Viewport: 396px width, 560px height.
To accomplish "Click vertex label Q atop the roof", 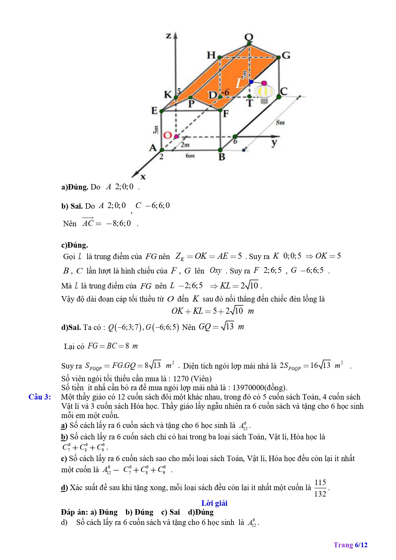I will [249, 37].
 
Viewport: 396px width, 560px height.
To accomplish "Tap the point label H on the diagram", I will [211, 55].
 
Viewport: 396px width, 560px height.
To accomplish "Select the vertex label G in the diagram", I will [286, 56].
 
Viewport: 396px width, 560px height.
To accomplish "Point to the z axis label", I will [168, 36].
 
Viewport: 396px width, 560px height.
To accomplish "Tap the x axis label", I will [143, 177].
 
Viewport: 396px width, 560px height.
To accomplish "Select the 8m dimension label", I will [280, 123].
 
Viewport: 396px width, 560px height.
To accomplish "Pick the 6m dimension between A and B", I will [190, 156].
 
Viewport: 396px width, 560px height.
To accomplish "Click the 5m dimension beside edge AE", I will [156, 130].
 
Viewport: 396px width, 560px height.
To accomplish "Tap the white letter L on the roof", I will [239, 84].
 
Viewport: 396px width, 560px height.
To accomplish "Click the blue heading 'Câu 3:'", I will [40, 397].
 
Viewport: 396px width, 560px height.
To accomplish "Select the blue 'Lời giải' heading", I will [214, 503].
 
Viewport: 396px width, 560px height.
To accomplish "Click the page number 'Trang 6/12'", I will [350, 545].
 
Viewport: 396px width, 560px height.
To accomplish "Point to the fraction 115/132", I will [320, 488].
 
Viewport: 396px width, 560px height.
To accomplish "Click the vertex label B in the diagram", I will [222, 157].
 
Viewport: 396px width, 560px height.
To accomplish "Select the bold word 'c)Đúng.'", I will [75, 245].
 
